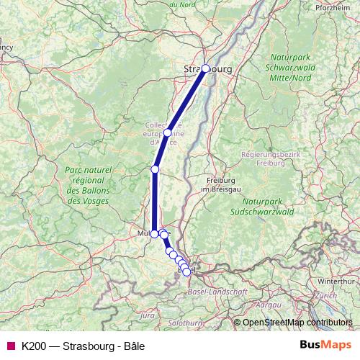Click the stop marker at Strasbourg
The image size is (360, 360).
tap(205, 68)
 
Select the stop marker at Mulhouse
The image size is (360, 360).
tap(154, 234)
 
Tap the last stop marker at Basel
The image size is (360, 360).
tap(186, 271)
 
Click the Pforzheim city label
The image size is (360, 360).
tap(333, 8)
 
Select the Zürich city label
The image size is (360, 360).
tap(325, 295)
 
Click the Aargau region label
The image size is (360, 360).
tap(268, 305)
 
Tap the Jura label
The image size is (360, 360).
tap(148, 315)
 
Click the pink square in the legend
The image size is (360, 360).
tap(11, 346)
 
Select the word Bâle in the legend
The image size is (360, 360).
tap(132, 346)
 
